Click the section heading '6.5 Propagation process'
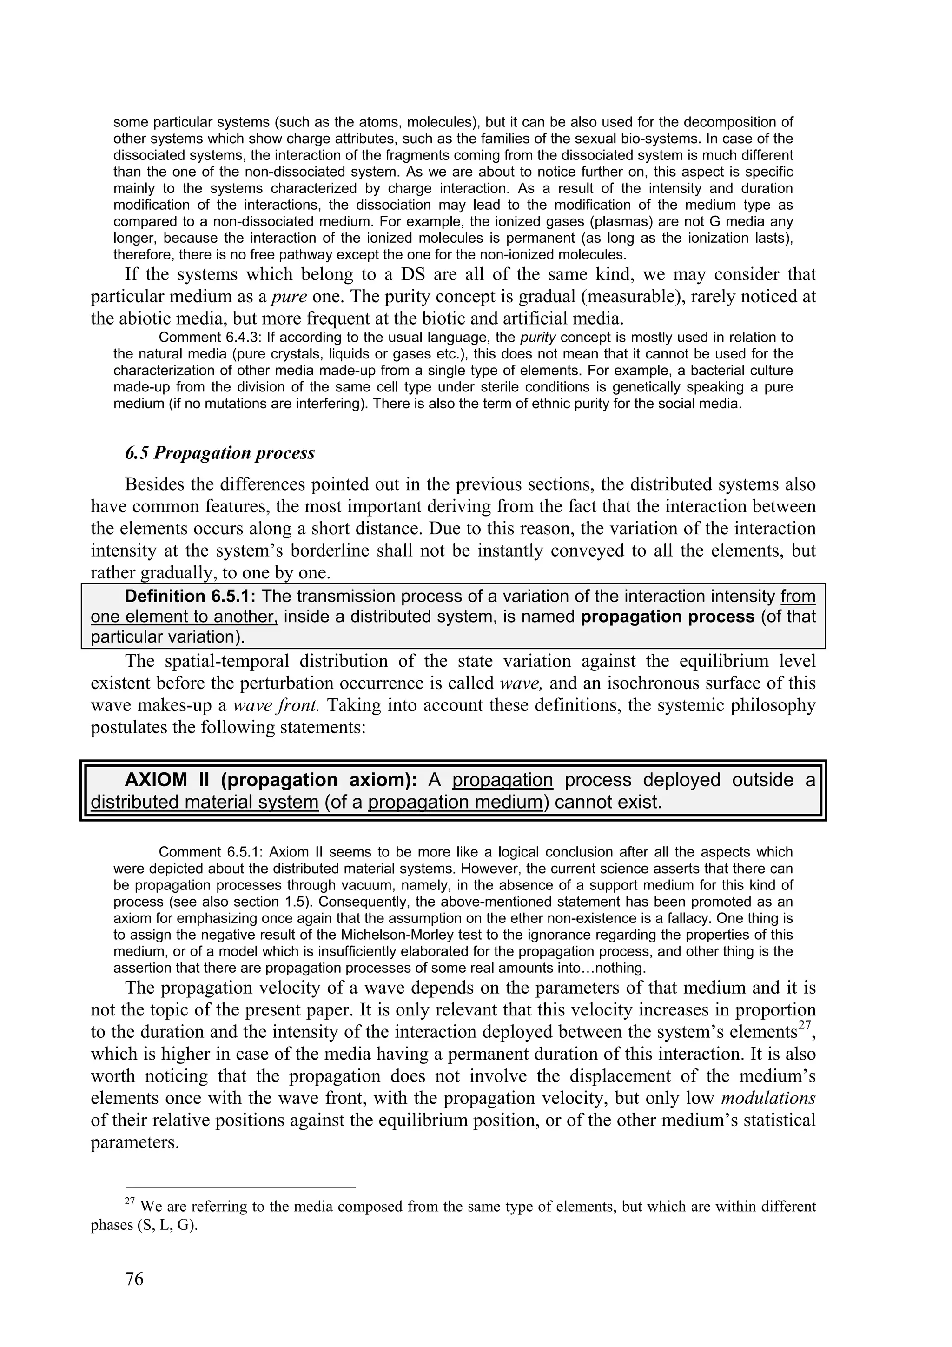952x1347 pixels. click(x=220, y=453)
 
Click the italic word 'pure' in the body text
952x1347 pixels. click(x=289, y=296)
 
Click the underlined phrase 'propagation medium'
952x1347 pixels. click(x=454, y=802)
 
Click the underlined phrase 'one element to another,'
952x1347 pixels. click(x=184, y=617)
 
